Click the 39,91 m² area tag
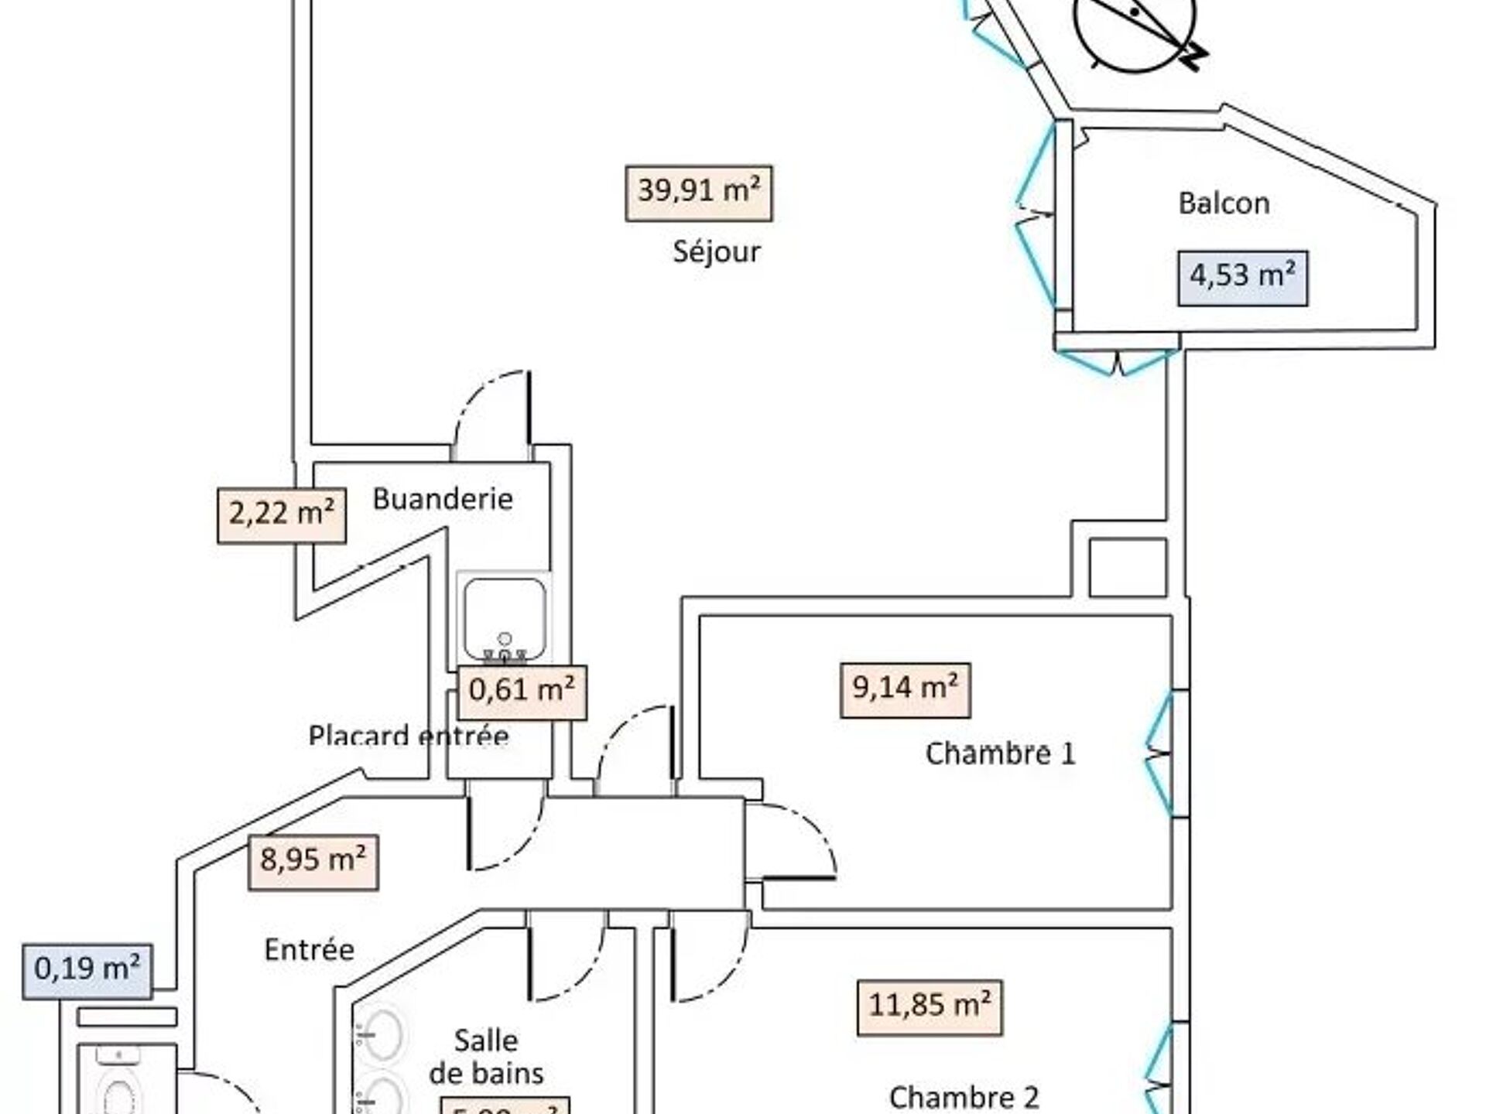[x=698, y=193]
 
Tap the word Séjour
[x=716, y=251]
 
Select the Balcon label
[x=1224, y=203]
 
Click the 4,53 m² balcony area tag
[x=1242, y=277]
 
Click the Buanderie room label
[x=443, y=499]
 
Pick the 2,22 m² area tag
[x=281, y=514]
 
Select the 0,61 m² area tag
[x=522, y=691]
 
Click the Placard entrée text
[x=408, y=735]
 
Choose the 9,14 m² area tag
[x=905, y=689]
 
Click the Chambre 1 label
[x=1000, y=753]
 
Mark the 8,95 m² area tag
[x=313, y=862]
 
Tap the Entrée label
[x=309, y=950]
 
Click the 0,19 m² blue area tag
[x=87, y=971]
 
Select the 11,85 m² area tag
[x=930, y=1007]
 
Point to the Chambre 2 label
[x=964, y=1097]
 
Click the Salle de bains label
[x=486, y=1056]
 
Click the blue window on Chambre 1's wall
[x=1159, y=753]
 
